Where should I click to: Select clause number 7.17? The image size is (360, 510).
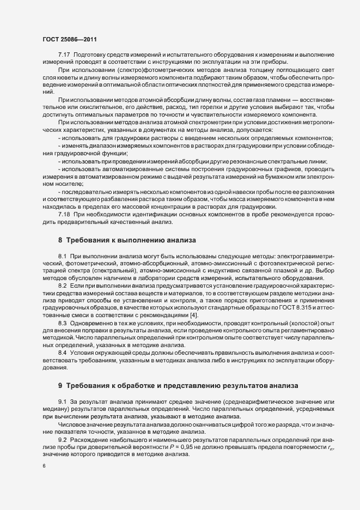pos(64,56)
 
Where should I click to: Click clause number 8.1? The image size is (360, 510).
pos(63,256)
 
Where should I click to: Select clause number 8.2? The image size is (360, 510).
pos(63,286)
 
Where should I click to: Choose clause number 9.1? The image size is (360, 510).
pos(63,402)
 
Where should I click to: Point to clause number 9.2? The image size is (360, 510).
pos(63,439)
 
